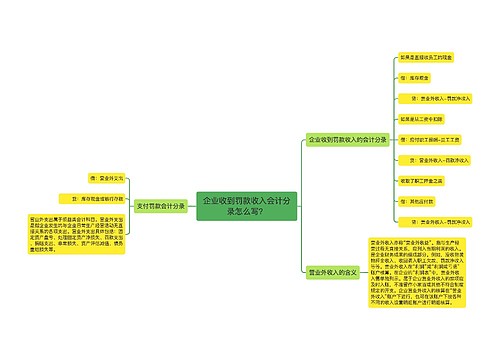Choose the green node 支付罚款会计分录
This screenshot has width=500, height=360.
coord(160,205)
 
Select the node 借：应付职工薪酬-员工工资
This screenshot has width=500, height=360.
coord(424,139)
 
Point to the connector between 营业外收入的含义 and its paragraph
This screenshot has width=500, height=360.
coord(362,271)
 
